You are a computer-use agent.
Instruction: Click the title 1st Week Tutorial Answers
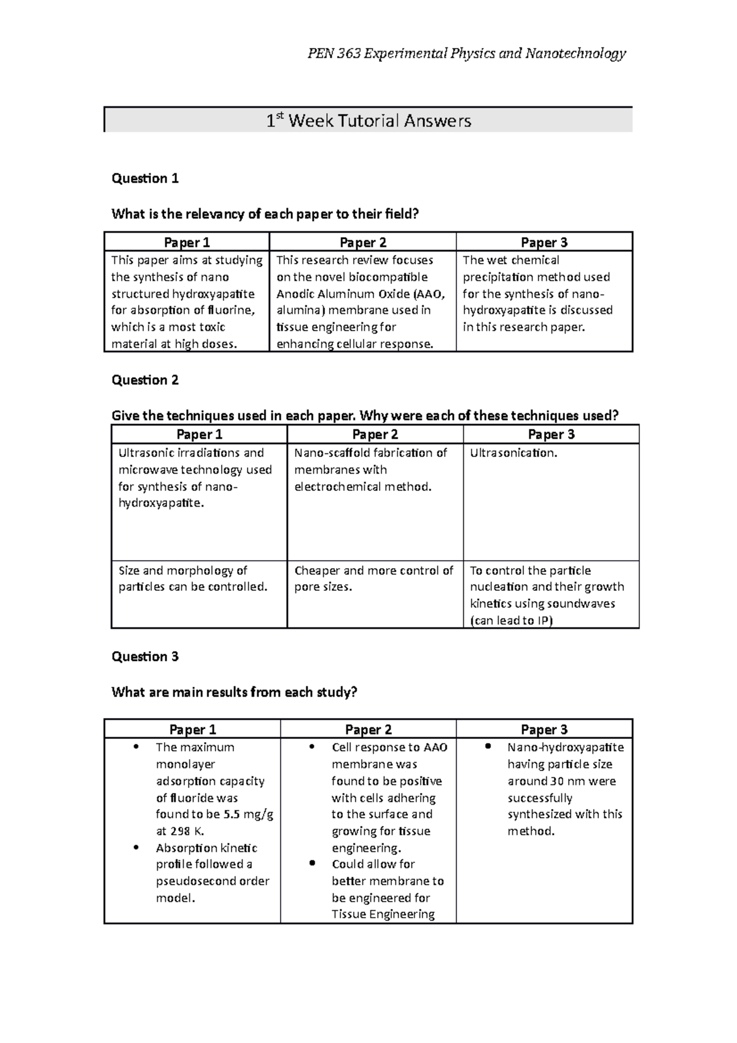[x=368, y=120]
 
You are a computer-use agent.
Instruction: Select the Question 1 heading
[x=145, y=179]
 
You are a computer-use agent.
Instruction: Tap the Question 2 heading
[x=145, y=380]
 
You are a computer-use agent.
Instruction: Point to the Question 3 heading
[x=145, y=657]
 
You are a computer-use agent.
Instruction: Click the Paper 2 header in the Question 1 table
[x=363, y=243]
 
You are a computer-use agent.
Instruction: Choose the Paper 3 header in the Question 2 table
[x=551, y=435]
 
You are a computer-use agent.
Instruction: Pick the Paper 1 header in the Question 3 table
[x=192, y=730]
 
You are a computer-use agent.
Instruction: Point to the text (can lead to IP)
[x=512, y=620]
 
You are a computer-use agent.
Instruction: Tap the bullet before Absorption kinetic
[x=136, y=847]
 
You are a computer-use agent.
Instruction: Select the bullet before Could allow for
[x=312, y=863]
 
